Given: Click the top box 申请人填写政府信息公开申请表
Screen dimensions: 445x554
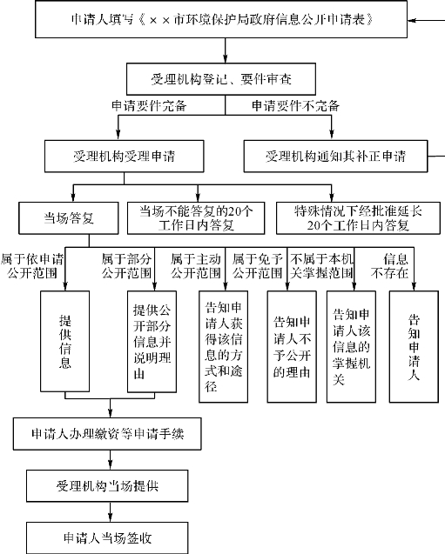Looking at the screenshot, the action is (221, 19).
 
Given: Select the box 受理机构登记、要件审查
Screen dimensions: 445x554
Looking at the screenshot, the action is (221, 79).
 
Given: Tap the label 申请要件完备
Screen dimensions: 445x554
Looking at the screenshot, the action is (149, 105).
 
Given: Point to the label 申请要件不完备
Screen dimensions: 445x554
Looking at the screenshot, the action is (296, 105).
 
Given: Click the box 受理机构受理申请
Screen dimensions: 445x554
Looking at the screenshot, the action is (125, 157).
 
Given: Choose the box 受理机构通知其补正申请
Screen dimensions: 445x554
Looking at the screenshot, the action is (335, 157).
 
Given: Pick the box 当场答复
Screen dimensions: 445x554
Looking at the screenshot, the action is (69, 218).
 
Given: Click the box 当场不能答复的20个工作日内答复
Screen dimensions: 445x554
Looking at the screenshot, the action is (196, 218).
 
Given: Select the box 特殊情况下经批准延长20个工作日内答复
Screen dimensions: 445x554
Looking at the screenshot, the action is (358, 218).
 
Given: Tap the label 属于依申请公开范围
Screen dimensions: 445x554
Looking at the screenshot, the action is (32, 266).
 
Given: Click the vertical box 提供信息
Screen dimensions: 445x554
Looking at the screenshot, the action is (65, 341).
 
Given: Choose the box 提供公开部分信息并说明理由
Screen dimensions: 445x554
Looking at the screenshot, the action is (152, 341).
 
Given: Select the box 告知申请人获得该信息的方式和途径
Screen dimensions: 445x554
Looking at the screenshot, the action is (223, 347).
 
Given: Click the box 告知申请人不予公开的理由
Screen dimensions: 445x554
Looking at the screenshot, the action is (292, 347).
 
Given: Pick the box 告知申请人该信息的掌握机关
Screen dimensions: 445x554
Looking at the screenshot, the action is (351, 347).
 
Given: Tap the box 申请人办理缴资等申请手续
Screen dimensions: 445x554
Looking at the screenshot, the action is (107, 434).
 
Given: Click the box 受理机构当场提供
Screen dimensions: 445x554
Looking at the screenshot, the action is (107, 486).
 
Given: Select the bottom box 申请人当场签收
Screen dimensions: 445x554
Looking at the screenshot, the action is (107, 538).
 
